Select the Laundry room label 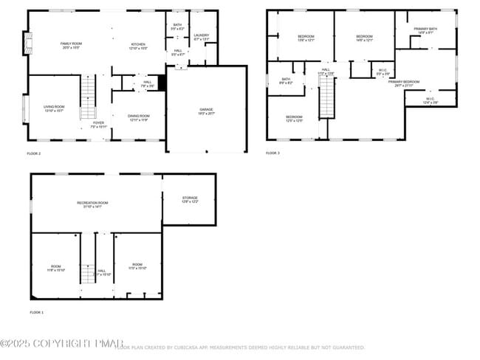click(x=201, y=37)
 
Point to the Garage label click(x=205, y=111)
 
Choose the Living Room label click(x=54, y=108)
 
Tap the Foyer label click(x=99, y=125)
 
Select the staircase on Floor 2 click(x=88, y=97)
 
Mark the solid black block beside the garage click(x=162, y=83)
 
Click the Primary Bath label click(x=425, y=31)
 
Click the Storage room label click(x=190, y=199)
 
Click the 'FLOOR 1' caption click(x=37, y=313)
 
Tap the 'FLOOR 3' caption click(x=273, y=153)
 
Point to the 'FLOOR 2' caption click(x=34, y=153)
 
